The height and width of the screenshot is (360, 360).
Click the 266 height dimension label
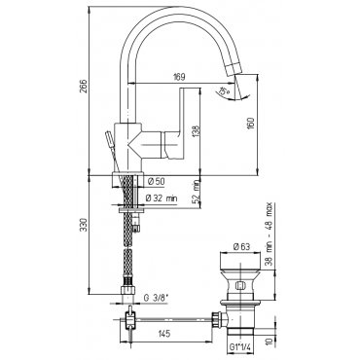click(84, 86)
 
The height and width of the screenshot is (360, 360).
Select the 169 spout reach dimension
click(179, 77)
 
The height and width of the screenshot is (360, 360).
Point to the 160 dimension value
click(251, 124)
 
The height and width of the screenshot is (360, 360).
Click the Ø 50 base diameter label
click(156, 182)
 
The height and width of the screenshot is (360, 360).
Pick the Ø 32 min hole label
click(162, 198)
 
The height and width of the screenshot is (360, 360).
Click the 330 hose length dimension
click(84, 225)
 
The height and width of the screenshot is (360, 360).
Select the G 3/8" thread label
click(157, 298)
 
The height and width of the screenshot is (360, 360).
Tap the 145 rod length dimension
click(165, 334)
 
